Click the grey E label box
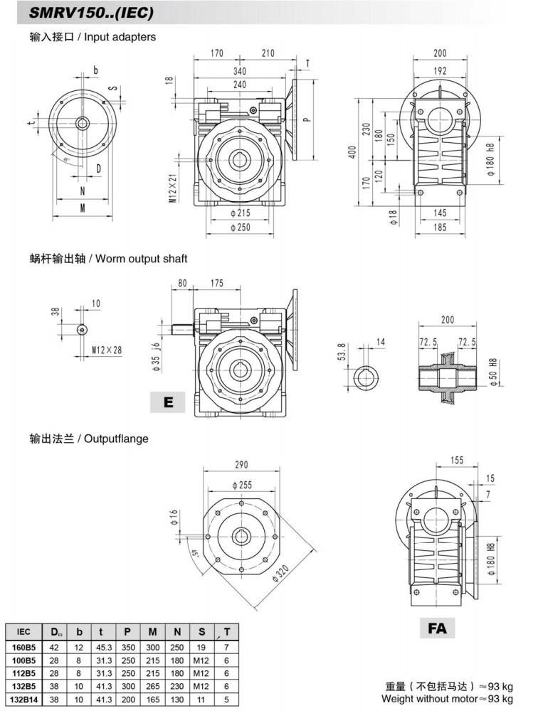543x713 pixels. click(x=168, y=402)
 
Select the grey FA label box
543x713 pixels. click(x=438, y=627)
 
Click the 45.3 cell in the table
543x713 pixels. click(x=105, y=648)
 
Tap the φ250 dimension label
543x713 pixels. click(x=242, y=227)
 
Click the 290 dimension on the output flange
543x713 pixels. click(x=242, y=464)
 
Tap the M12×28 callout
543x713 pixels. click(x=107, y=350)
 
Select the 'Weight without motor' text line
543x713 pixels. click(x=449, y=699)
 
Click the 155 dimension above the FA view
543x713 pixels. click(x=457, y=461)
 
